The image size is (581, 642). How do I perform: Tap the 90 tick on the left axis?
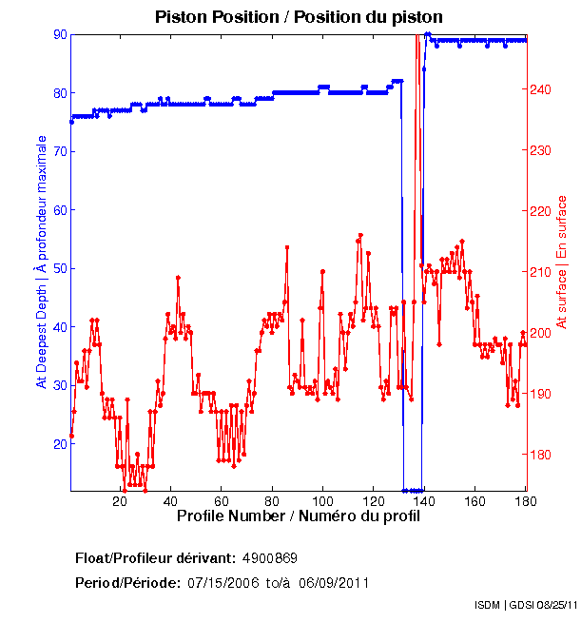(x=60, y=34)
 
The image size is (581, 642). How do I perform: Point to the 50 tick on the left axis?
(x=60, y=268)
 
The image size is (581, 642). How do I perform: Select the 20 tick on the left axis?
(x=60, y=444)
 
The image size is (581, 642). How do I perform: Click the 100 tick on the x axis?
(x=322, y=501)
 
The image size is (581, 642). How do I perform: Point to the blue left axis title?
(x=41, y=262)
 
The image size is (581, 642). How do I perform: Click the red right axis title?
(x=562, y=262)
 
